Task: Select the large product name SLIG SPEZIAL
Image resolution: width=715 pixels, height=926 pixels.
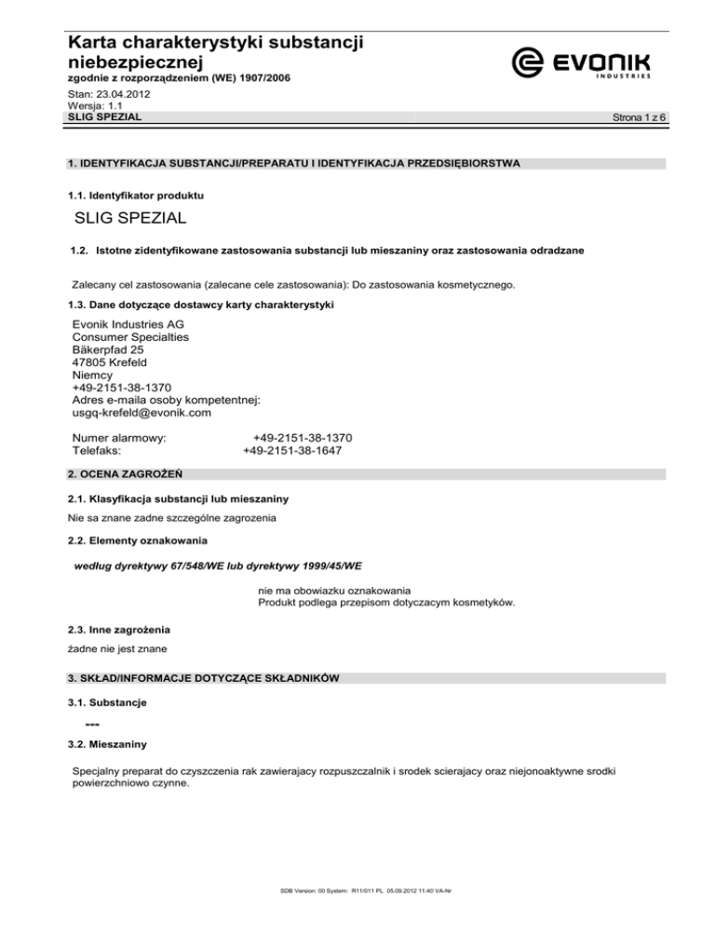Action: pos(130,219)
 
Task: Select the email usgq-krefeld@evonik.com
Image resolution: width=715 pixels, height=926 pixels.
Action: pos(142,413)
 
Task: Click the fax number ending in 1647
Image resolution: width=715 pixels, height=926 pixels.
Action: pos(292,451)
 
